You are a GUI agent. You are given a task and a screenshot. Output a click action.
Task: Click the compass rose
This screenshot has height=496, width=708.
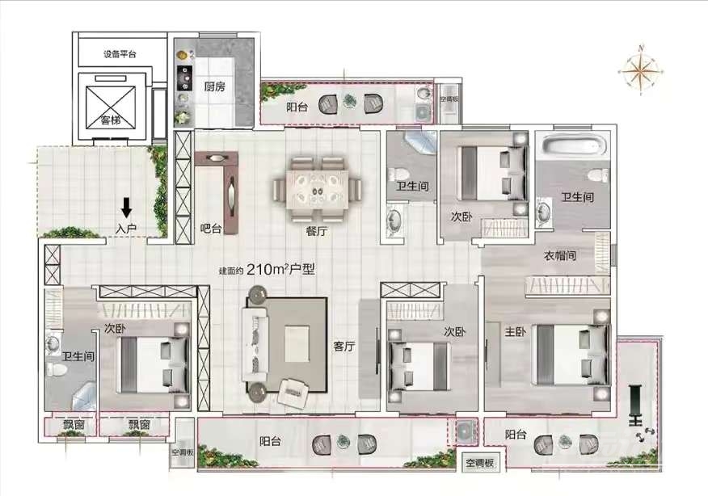pos(641,70)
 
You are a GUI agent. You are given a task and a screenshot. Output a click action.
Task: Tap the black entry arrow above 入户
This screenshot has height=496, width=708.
pos(126,208)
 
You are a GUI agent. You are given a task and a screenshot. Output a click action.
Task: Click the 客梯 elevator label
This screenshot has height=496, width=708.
pos(111,120)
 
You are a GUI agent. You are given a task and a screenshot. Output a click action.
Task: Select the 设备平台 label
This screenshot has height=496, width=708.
pos(120,55)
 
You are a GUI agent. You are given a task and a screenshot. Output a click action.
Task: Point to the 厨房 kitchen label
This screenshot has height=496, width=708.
pos(214,86)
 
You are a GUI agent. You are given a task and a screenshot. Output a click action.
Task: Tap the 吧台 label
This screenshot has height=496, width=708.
pos(211,229)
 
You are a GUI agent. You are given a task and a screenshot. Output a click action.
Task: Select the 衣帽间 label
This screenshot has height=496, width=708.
pos(560,256)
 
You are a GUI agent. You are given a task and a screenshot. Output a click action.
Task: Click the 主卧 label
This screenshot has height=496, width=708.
pos(515,332)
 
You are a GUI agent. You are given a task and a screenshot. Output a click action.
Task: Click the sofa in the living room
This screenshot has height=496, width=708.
pos(255,344)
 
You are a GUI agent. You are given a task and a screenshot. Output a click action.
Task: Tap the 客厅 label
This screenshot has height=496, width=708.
pos(344,347)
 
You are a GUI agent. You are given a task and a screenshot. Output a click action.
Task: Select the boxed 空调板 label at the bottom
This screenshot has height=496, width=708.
pos(480,463)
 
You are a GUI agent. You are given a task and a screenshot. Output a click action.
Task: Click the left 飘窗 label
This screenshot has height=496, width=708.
pos(74,424)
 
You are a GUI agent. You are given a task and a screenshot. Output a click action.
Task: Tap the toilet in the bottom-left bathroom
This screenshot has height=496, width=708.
pos(57,370)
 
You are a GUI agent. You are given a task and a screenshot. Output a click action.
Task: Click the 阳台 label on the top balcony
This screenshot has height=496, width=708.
pos(297,107)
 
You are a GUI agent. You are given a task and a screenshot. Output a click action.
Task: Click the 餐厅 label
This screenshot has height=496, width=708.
pos(317,232)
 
